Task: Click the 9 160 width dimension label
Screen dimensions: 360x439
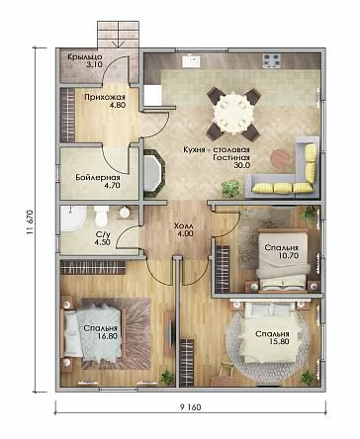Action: [x=190, y=407]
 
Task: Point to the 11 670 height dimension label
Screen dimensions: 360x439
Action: [x=31, y=221]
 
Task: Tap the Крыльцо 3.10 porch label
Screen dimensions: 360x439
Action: [x=85, y=60]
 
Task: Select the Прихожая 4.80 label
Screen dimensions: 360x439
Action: [x=105, y=101]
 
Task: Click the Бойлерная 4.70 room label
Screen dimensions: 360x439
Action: [x=98, y=181]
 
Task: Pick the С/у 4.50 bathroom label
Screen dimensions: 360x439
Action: [x=103, y=238]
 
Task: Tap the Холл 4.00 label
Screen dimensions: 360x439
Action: [x=183, y=230]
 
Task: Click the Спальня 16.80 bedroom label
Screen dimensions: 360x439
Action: [x=100, y=332]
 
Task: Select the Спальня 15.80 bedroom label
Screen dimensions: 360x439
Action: [x=272, y=338]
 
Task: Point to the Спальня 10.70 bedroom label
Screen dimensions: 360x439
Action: [x=282, y=251]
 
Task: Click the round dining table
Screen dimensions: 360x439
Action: [x=233, y=114]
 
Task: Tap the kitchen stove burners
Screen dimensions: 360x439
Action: [x=272, y=61]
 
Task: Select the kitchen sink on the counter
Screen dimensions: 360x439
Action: [x=191, y=61]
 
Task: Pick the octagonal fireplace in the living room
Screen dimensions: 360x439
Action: [x=153, y=173]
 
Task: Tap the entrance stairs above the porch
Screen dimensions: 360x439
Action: [x=119, y=35]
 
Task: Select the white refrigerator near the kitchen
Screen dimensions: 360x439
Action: [x=152, y=96]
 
